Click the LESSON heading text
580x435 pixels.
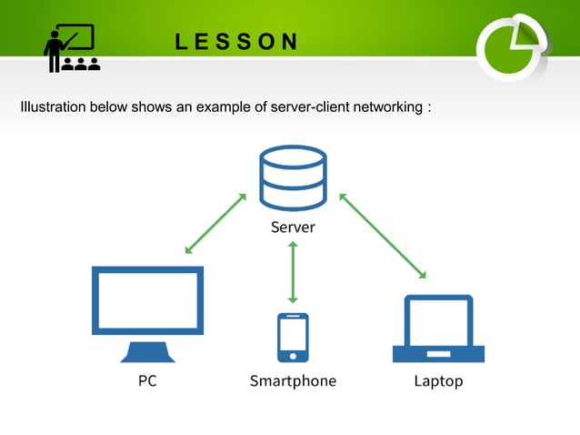point(236,42)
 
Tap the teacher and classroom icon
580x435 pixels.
point(72,48)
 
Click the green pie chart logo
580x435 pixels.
point(513,46)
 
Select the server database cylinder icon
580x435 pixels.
point(293,178)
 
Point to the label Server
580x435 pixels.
point(293,228)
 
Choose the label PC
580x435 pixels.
point(147,381)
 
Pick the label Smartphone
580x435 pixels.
point(293,381)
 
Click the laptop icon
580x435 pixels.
point(438,329)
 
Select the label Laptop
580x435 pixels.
point(438,381)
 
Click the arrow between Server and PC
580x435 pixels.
point(215,223)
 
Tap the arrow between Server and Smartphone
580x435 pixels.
point(293,272)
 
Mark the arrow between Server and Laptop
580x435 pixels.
point(383,235)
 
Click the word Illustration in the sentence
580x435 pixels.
point(52,108)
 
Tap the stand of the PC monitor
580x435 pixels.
point(147,352)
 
